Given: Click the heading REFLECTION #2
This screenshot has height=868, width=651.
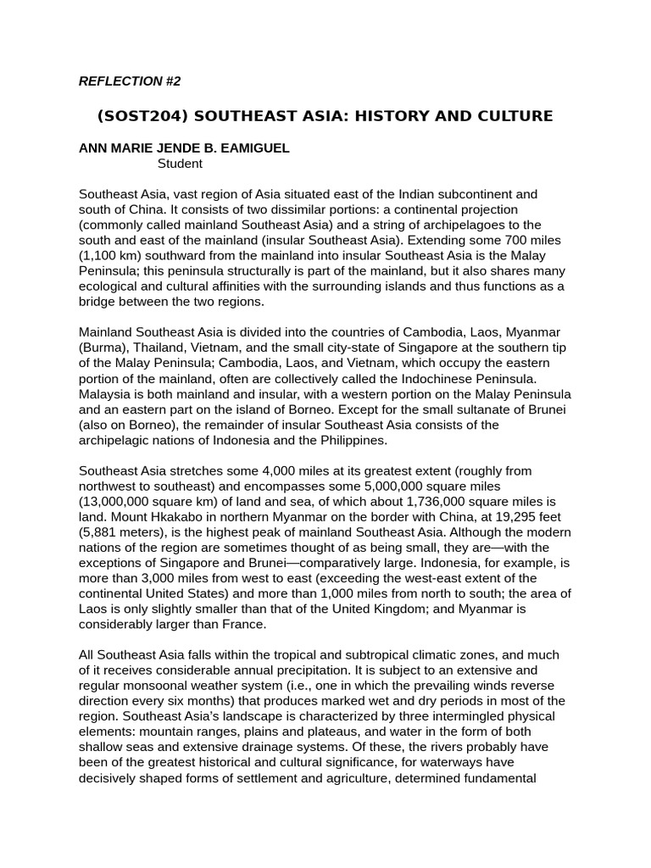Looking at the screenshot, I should pyautogui.click(x=129, y=81).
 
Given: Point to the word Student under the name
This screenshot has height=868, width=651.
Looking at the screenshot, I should pyautogui.click(x=180, y=163).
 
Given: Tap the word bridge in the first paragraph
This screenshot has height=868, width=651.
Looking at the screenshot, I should pyautogui.click(x=98, y=301).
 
